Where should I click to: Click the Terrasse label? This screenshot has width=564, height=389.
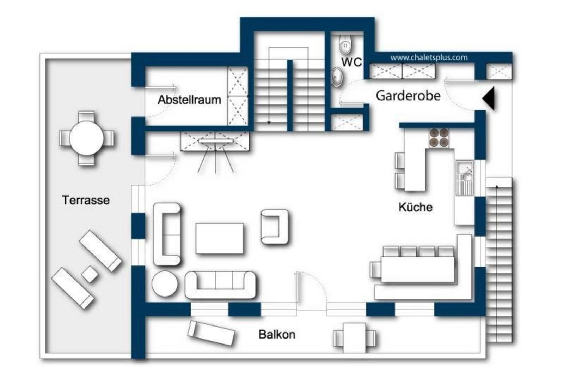(86, 201)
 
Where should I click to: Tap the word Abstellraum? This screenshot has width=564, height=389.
(189, 100)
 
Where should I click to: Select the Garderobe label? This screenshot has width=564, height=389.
(408, 96)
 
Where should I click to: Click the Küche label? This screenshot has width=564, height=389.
(416, 207)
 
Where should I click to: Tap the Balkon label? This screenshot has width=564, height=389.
(277, 335)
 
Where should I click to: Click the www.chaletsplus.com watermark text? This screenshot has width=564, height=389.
(429, 58)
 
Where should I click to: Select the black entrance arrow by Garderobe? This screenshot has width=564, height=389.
(489, 98)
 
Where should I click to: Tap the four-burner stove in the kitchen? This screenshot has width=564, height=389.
(439, 138)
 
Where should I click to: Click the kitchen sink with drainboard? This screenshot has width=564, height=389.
(465, 178)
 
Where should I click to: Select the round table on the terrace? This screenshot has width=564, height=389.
(86, 138)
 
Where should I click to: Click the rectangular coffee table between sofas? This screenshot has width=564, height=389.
(220, 239)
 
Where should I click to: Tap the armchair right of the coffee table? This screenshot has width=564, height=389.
(275, 227)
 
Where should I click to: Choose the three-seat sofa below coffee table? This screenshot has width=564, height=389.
(221, 285)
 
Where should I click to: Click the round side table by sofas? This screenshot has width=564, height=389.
(165, 283)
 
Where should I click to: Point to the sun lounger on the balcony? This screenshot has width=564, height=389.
(211, 333)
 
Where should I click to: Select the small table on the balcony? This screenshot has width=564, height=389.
(354, 338)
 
